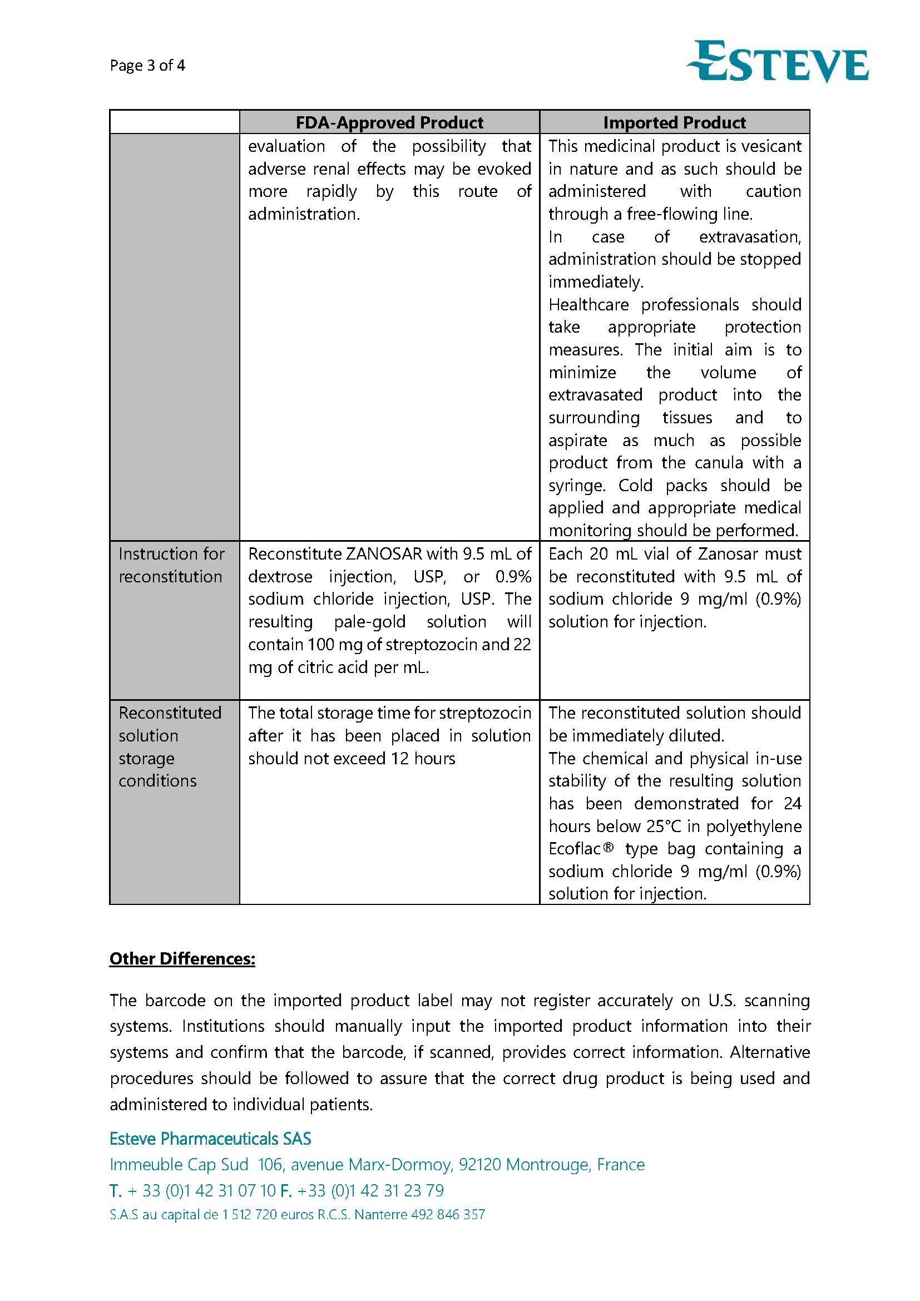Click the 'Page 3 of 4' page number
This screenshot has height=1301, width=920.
147,65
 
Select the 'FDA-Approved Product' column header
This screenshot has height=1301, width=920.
389,122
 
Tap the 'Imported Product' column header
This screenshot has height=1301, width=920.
674,122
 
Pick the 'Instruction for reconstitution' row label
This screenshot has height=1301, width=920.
171,565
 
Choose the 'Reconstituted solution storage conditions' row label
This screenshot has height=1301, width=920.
170,746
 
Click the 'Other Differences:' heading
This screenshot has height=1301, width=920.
182,959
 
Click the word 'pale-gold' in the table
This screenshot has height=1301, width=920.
369,622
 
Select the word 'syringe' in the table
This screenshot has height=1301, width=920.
576,486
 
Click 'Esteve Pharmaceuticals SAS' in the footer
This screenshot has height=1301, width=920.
210,1139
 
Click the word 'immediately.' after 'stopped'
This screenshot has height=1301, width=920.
595,281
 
